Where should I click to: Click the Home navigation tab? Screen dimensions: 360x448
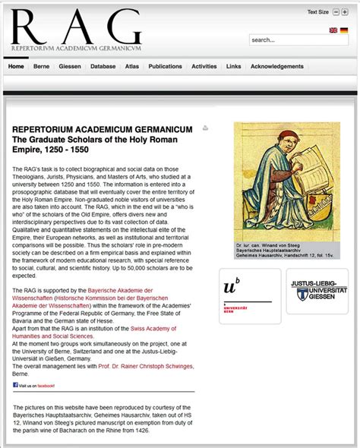click(15, 67)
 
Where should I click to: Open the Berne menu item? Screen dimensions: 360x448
click(41, 67)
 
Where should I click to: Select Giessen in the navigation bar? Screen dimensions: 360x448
click(69, 67)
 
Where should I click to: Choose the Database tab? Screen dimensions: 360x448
click(103, 67)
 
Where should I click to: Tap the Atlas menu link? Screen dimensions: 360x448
click(132, 67)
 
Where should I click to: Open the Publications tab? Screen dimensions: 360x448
click(165, 67)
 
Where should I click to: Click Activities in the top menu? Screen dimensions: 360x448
click(204, 67)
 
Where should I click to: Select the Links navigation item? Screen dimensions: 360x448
click(233, 67)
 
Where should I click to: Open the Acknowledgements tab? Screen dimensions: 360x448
click(276, 67)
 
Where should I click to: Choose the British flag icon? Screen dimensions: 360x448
click(333, 30)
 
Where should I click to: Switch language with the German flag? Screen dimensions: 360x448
click(344, 30)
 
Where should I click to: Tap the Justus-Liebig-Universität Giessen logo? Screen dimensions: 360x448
click(318, 291)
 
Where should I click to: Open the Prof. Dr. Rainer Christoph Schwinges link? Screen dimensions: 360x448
click(145, 366)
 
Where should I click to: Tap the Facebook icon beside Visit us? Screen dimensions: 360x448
click(15, 385)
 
